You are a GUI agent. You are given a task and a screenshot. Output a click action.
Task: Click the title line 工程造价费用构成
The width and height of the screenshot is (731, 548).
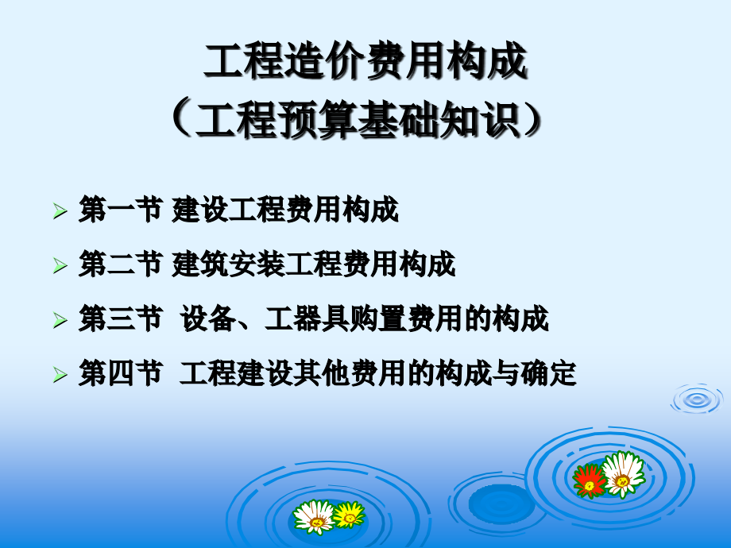[x=365, y=63]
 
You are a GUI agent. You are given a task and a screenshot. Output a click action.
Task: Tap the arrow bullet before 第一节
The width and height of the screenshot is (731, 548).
[x=60, y=211]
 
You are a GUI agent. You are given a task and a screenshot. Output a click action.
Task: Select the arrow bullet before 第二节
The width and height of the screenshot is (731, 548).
[x=60, y=266]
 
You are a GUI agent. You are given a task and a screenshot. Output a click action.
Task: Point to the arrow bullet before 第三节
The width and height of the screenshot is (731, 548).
[x=60, y=321]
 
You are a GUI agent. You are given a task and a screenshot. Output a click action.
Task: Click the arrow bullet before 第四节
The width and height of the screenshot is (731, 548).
[x=60, y=376]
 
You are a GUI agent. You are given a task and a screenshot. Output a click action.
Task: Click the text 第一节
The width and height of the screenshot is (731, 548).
[x=120, y=210]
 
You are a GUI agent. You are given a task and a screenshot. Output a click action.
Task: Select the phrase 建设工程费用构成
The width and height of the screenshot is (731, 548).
[x=285, y=210]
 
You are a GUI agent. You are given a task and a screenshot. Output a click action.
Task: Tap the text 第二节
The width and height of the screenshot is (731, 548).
[x=120, y=265]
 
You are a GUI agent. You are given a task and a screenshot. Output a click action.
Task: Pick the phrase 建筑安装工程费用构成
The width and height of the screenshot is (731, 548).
[x=314, y=265]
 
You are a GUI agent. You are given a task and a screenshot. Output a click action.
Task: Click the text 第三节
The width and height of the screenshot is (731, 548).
[x=120, y=320]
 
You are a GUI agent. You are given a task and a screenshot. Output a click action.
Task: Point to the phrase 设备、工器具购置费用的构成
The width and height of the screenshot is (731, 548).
[x=365, y=320]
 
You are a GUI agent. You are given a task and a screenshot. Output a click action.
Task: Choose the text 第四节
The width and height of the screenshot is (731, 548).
[x=120, y=375]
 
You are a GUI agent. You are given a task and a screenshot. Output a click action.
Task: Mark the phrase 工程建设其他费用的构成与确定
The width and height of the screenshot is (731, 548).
[x=378, y=375]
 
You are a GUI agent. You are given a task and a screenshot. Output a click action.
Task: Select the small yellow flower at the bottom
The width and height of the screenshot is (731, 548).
[x=348, y=515]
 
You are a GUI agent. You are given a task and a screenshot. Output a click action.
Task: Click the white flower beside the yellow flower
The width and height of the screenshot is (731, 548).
[x=315, y=516]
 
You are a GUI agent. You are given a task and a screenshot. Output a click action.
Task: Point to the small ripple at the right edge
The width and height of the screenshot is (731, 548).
[x=696, y=399]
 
